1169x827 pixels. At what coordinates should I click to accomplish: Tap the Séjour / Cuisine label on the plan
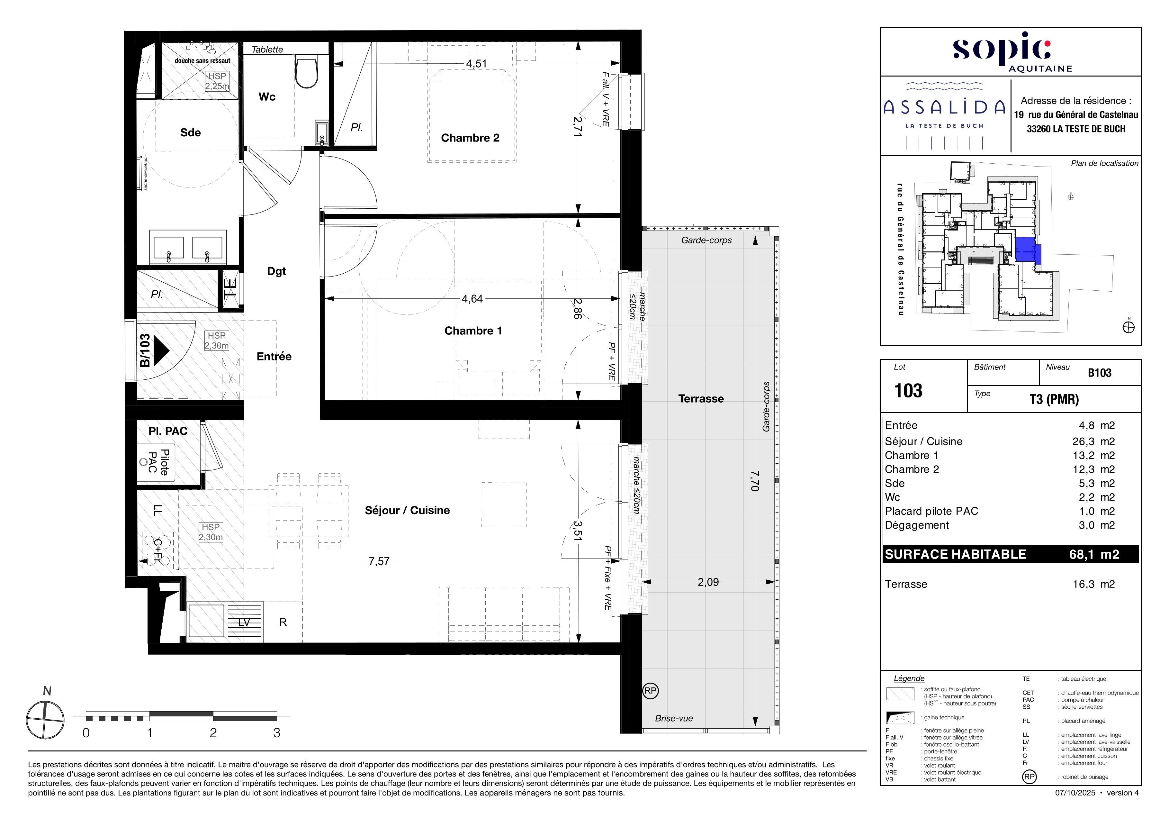point(407,510)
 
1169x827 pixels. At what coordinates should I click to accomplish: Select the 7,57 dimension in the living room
point(379,561)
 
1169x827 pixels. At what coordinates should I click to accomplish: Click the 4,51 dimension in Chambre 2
point(477,64)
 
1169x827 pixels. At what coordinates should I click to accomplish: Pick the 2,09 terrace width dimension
point(708,582)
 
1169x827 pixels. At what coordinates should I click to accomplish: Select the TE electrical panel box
point(230,289)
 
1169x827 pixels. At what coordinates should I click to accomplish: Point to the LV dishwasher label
point(244,622)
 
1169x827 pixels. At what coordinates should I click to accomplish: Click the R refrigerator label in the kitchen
point(283,622)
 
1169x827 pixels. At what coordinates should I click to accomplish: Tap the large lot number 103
point(908,391)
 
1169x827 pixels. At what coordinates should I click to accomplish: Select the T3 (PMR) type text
point(1054,399)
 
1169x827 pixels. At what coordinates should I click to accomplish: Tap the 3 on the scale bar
point(276,733)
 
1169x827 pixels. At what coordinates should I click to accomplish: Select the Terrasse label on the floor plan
point(701,399)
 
